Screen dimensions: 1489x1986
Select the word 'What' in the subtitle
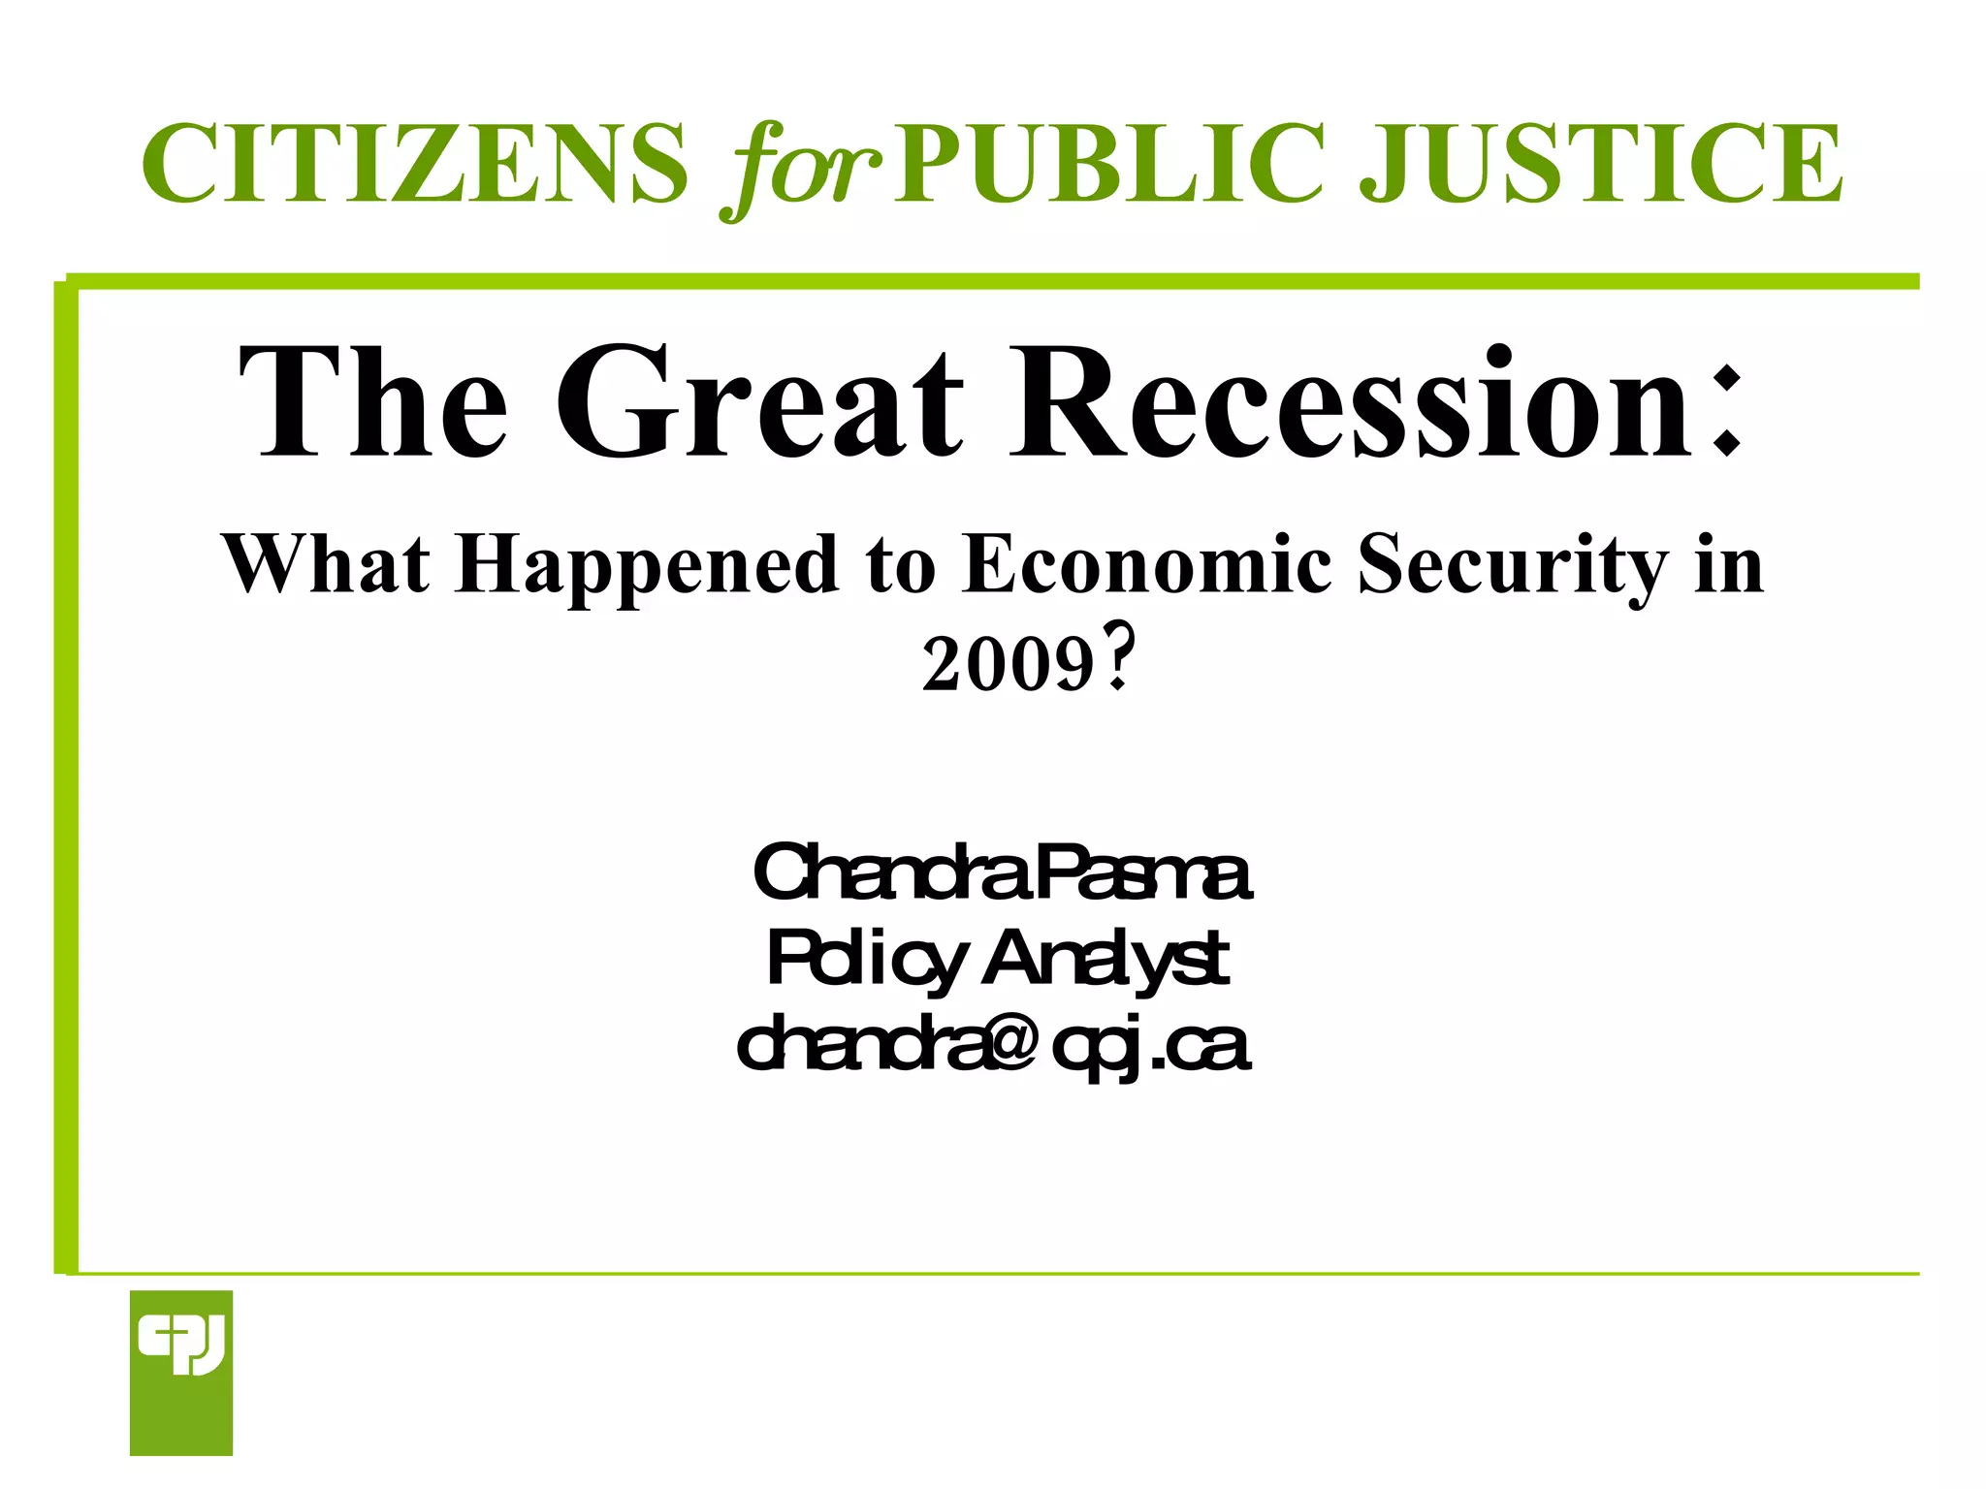point(326,564)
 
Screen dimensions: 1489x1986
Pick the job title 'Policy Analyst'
point(998,960)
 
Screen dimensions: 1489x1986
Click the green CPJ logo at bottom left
point(181,1373)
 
